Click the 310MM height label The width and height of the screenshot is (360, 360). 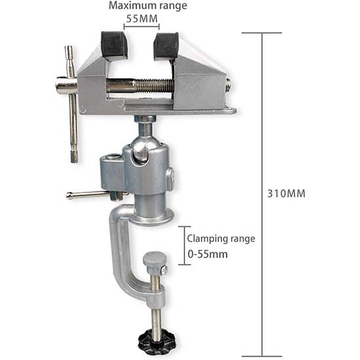[287, 194]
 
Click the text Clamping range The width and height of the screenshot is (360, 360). [221, 239]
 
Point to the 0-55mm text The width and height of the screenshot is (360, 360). [207, 254]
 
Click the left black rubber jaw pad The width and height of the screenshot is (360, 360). [114, 45]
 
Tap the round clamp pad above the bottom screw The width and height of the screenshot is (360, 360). [154, 260]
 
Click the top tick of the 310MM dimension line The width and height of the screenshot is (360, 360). [262, 33]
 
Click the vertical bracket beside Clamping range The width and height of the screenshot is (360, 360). [181, 245]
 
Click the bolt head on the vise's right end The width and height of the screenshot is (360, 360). [228, 84]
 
